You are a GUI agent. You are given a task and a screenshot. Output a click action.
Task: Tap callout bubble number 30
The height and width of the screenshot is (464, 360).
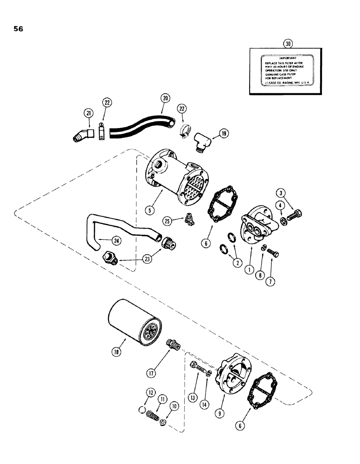pyautogui.click(x=288, y=44)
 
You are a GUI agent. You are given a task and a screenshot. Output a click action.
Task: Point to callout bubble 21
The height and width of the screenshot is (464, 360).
pyautogui.click(x=89, y=113)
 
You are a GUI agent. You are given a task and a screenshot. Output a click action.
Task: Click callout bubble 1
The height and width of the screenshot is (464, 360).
pyautogui.click(x=250, y=269)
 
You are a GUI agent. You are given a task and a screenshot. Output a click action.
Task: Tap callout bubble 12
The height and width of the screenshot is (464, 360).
pyautogui.click(x=149, y=393)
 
